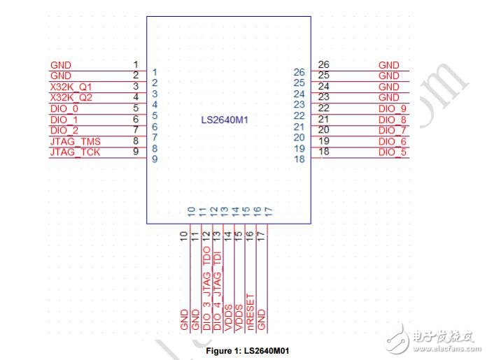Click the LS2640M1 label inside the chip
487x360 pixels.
[x=225, y=120]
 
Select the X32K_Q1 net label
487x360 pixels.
[x=71, y=87]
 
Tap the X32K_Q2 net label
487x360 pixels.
[x=71, y=97]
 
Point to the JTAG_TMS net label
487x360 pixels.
[x=76, y=141]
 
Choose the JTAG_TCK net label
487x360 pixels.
[x=75, y=152]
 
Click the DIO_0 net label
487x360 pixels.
[x=64, y=108]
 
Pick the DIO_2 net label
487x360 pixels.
[x=64, y=130]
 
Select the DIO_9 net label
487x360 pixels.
[x=393, y=108]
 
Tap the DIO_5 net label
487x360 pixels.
[x=393, y=152]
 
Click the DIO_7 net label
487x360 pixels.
[x=393, y=130]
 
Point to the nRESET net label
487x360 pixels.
[x=250, y=312]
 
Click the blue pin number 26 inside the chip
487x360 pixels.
[x=299, y=72]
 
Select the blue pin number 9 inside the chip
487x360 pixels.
[x=155, y=159]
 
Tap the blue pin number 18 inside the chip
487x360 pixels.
[x=299, y=159]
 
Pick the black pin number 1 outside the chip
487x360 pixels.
[x=136, y=64]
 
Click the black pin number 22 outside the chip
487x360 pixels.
[x=324, y=108]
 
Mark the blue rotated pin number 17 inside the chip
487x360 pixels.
[x=269, y=212]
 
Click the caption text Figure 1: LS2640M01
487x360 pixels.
[x=248, y=351]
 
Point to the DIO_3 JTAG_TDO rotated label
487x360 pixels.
[x=206, y=288]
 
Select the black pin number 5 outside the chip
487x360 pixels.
[x=136, y=108]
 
